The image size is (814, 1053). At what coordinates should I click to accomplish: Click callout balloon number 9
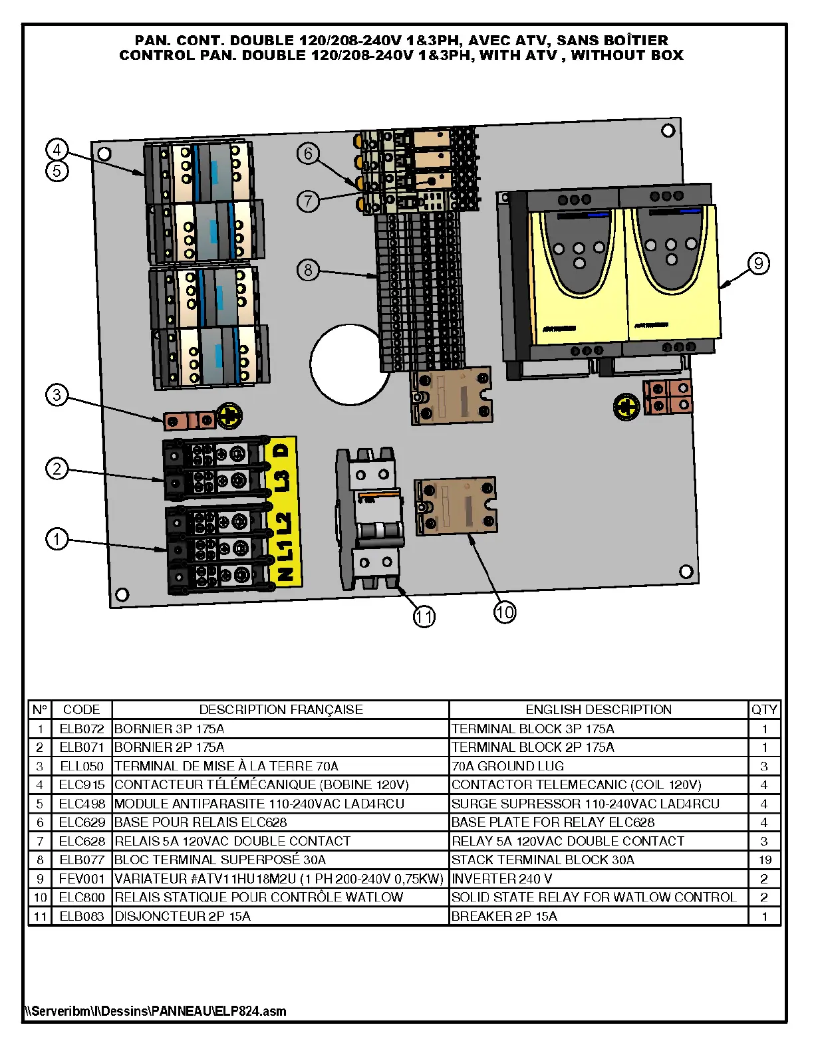[x=758, y=264]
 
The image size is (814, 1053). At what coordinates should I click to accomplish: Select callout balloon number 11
[x=424, y=616]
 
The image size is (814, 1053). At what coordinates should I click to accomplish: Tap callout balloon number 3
[x=57, y=395]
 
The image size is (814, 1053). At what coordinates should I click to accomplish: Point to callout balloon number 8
[x=308, y=270]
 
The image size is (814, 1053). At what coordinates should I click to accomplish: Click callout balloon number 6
[x=308, y=154]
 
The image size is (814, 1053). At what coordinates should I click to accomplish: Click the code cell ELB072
[x=82, y=729]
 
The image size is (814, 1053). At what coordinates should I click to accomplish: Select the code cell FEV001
[x=82, y=878]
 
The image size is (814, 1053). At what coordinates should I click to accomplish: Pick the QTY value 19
[x=764, y=860]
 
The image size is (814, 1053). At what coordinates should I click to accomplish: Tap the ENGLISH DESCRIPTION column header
[x=599, y=709]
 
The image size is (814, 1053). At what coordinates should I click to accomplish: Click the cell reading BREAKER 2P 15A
[x=504, y=916]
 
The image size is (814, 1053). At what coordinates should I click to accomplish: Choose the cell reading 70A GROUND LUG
[x=507, y=766]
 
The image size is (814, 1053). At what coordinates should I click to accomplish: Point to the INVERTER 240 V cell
[x=501, y=878]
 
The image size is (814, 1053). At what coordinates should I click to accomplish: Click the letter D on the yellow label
[x=282, y=450]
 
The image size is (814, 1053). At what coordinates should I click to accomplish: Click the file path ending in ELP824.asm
[x=156, y=1011]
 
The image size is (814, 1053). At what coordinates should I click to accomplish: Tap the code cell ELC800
[x=82, y=897]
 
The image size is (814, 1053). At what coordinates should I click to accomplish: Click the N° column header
[x=40, y=709]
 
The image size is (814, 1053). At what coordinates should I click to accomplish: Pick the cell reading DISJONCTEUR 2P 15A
[x=183, y=916]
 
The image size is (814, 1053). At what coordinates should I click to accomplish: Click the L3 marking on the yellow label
[x=282, y=481]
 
